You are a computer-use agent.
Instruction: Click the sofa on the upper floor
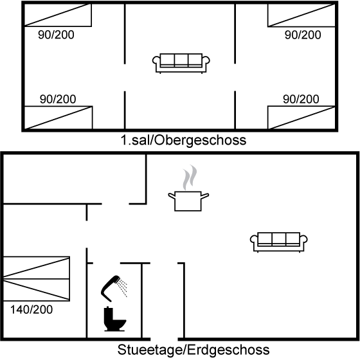(181, 64)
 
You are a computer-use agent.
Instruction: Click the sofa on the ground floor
(279, 242)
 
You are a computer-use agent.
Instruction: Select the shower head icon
(111, 288)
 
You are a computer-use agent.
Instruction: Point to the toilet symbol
(114, 319)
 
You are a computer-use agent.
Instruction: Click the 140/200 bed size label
(32, 310)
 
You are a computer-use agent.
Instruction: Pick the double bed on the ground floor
(37, 279)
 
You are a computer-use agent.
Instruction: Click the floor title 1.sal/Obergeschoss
(183, 140)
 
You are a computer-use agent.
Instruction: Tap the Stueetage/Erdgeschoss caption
(194, 350)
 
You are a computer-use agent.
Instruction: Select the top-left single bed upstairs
(58, 15)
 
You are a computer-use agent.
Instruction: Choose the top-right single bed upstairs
(301, 15)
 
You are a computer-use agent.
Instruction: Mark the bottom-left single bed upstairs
(59, 118)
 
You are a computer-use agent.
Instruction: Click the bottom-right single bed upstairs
(301, 118)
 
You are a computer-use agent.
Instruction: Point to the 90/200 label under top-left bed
(56, 35)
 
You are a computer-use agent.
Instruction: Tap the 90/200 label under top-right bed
(303, 35)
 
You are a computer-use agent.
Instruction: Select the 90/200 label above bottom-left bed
(58, 99)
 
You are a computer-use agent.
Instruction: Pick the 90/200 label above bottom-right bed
(301, 99)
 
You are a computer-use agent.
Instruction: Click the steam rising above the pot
(190, 177)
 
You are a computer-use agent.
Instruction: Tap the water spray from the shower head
(122, 288)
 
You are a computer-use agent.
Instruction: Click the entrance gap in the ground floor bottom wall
(164, 339)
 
